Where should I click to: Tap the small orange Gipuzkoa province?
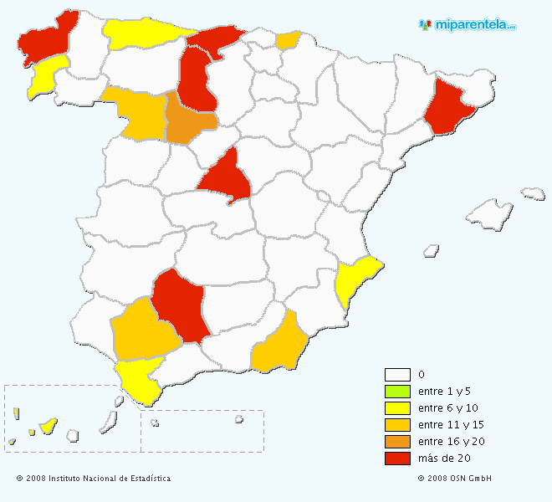287,40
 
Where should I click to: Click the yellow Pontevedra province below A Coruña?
47,75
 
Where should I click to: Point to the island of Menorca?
534,194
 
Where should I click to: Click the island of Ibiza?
432,249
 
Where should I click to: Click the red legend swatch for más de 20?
397,458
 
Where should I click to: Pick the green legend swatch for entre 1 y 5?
397,392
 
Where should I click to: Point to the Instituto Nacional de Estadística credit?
93,479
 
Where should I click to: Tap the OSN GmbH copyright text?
455,479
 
